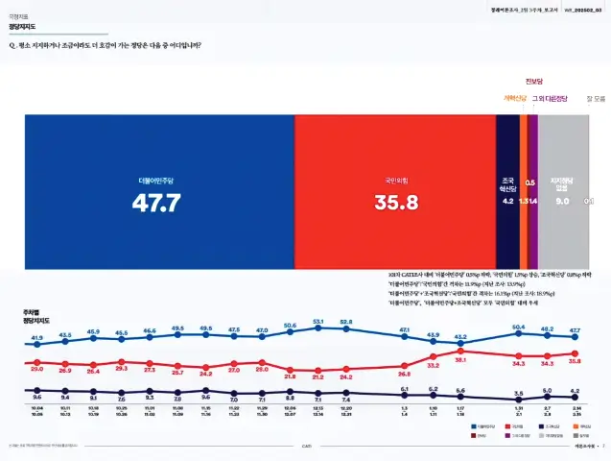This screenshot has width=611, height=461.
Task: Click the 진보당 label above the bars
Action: pyautogui.click(x=534, y=81)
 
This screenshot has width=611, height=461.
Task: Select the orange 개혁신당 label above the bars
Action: pyautogui.click(x=515, y=98)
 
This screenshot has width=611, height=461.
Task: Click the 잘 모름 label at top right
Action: pyautogui.click(x=595, y=98)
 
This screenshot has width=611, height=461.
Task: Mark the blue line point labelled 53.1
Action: pyautogui.click(x=318, y=328)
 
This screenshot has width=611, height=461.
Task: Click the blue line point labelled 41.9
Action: pyautogui.click(x=37, y=344)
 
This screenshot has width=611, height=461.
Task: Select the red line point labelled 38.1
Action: pyautogui.click(x=460, y=352)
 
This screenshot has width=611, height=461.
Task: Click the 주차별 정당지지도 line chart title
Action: pyautogui.click(x=37, y=317)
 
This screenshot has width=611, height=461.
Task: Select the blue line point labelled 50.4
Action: pyautogui.click(x=519, y=332)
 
